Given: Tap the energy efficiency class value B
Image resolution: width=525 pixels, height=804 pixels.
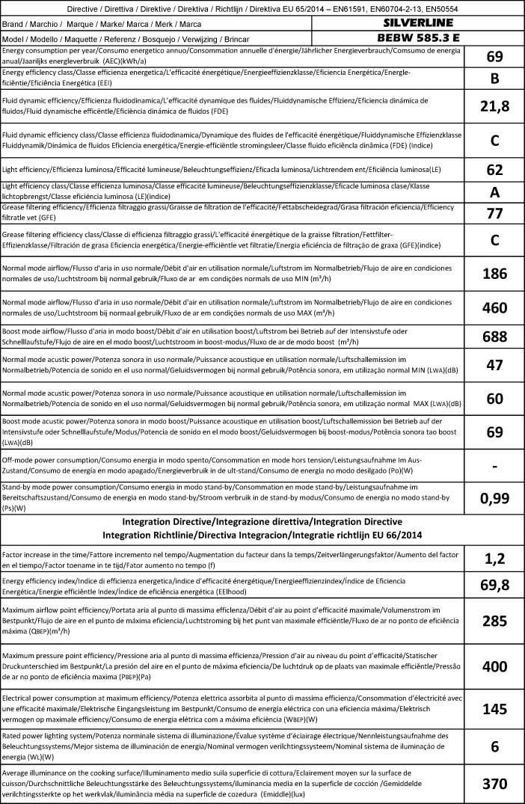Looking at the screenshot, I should pyautogui.click(x=494, y=79).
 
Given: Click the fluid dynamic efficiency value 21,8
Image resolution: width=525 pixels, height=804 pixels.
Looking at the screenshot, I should pyautogui.click(x=494, y=107).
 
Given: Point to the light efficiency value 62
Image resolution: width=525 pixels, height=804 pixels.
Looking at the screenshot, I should pyautogui.click(x=494, y=169).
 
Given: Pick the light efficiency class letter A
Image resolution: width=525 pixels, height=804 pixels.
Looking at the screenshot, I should pyautogui.click(x=494, y=192).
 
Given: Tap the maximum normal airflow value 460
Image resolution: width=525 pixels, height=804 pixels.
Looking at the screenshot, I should pyautogui.click(x=494, y=307).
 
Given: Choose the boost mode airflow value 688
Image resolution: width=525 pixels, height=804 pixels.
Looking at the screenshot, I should pyautogui.click(x=494, y=337).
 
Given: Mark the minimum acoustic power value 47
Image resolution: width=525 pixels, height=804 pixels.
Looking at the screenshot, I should pyautogui.click(x=494, y=366).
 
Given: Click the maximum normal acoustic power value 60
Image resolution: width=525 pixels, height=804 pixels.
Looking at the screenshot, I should pyautogui.click(x=494, y=399).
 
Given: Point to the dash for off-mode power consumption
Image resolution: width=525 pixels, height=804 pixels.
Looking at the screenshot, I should pyautogui.click(x=494, y=466).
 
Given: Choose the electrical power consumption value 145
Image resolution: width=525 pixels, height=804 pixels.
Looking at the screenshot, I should pyautogui.click(x=494, y=709).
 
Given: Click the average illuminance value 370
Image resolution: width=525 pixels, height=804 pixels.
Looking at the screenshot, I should pyautogui.click(x=494, y=784).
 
